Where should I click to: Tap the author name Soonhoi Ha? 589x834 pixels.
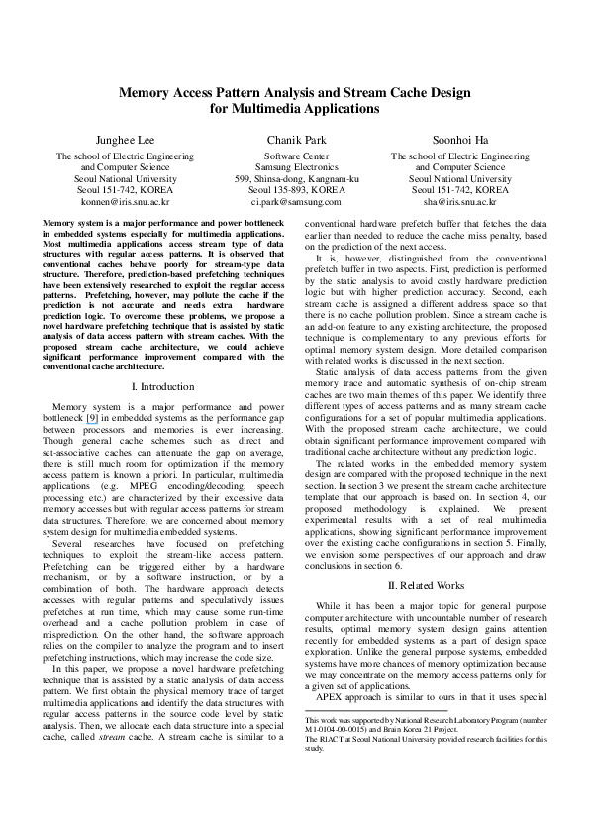pyautogui.click(x=459, y=140)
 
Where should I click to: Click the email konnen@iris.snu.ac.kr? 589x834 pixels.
pyautogui.click(x=125, y=200)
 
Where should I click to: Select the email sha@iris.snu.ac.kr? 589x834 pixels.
pyautogui.click(x=459, y=200)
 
